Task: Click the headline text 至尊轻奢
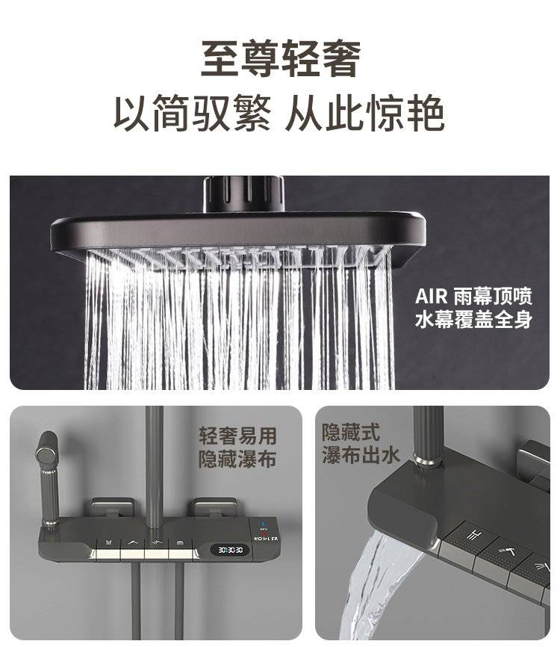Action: pos(281,58)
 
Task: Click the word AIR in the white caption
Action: pos(431,297)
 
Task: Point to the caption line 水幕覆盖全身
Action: pos(473,319)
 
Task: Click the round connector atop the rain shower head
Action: pos(243,194)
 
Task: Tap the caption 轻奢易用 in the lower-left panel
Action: pos(237,436)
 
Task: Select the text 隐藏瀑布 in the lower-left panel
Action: pos(237,459)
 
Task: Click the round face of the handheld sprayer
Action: pos(46,453)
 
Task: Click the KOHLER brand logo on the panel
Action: pos(266,539)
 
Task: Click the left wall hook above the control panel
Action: pos(112,507)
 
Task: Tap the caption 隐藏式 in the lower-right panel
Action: pos(351,432)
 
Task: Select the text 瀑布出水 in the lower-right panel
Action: pos(361,455)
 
